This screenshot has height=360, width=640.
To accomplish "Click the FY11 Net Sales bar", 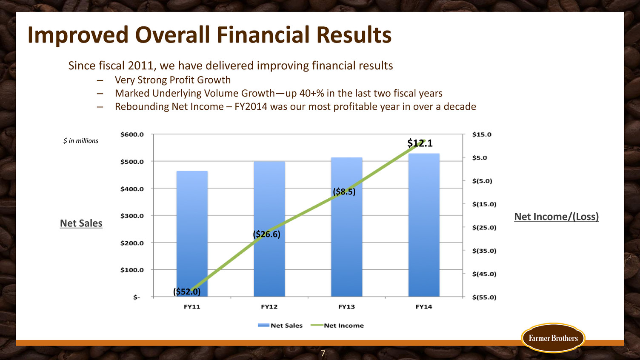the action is point(192,234).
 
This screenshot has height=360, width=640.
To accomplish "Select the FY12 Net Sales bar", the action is point(269,229).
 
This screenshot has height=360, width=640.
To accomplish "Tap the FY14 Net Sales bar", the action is point(424,225).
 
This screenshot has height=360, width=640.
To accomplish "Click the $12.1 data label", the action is point(420,143).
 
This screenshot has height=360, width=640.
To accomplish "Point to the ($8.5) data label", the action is point(344,191).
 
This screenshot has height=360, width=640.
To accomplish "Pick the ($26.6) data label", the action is point(266,234).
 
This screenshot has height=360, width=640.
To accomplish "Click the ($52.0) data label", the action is point(187,292).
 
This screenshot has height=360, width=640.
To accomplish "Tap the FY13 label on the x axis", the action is point(346,307).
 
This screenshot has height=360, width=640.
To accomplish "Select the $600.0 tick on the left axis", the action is point(132,134).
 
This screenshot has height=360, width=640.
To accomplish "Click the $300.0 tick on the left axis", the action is point(132,216).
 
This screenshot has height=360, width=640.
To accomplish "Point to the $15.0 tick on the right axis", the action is point(482,134).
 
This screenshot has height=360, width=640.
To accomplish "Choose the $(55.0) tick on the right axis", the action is point(484,297).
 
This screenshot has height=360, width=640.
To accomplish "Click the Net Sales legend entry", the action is point(280,326).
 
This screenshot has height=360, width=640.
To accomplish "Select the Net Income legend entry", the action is point(337,326).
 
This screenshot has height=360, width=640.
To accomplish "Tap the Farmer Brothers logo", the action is point(553,338).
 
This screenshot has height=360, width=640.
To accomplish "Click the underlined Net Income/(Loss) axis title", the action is point(557,217).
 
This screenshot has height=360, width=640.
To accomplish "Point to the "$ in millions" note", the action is point(81,141).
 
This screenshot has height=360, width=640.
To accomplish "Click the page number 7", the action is point(323,354).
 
